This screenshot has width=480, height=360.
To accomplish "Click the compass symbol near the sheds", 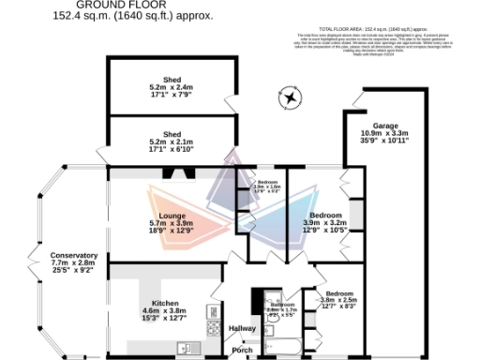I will click(292, 97).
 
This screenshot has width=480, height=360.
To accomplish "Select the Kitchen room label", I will click(167, 305).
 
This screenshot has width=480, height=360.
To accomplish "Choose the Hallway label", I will click(242, 328).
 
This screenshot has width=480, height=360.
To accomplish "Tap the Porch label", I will click(242, 350).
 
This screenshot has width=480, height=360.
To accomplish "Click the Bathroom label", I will click(282, 305).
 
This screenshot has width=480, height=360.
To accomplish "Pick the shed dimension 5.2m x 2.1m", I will click(171, 139).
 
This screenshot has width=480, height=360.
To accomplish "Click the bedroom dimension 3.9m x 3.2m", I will click(326, 222).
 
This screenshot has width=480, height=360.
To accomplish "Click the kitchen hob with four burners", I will click(213, 314).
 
